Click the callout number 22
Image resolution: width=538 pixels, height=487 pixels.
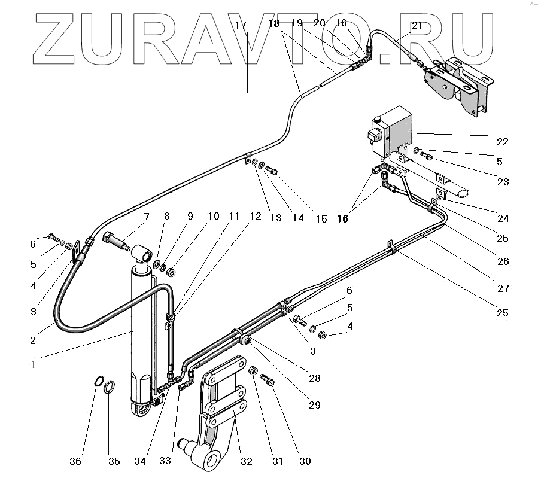[x=502, y=142]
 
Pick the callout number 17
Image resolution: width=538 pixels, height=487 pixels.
[x=241, y=25]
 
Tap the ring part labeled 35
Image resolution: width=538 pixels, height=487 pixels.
[x=110, y=388]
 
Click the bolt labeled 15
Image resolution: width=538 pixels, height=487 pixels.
[x=271, y=170]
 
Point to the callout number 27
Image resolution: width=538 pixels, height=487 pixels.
[x=503, y=288]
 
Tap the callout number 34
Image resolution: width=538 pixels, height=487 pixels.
[x=140, y=461]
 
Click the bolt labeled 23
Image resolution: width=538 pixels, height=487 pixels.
[x=426, y=156]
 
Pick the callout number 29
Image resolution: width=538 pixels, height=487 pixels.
[x=315, y=405]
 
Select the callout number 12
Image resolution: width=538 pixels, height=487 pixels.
[x=256, y=216]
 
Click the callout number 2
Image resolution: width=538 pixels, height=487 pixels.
[x=33, y=340]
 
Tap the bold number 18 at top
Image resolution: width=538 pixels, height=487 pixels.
[x=273, y=23]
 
